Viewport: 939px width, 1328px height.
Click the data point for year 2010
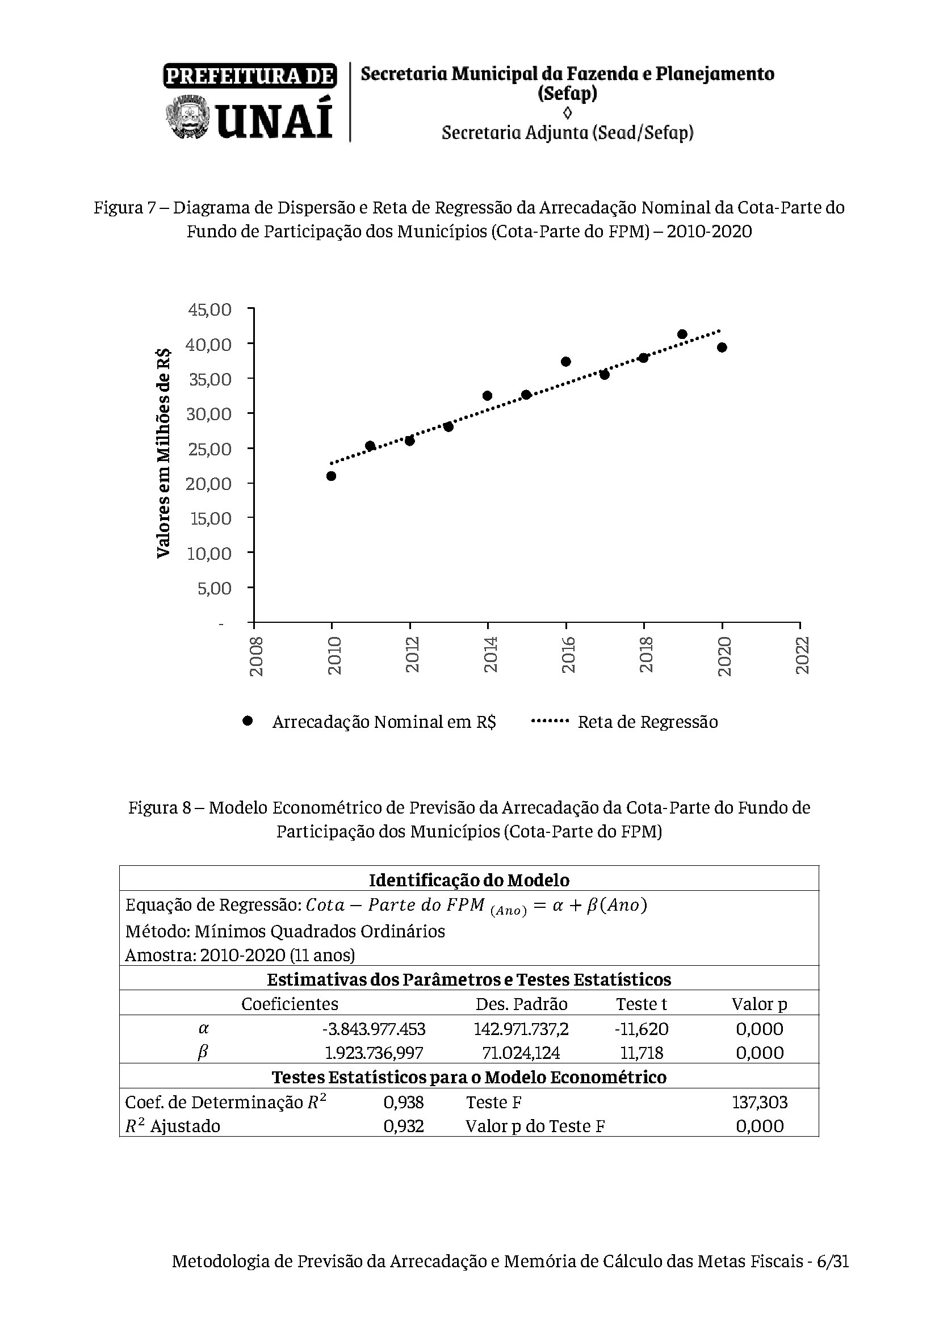point(332,476)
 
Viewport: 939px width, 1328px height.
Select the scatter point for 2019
point(682,334)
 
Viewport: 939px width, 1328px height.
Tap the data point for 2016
point(566,362)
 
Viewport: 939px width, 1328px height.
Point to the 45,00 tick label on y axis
point(210,309)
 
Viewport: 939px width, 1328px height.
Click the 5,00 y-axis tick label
point(215,588)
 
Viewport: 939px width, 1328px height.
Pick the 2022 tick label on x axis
point(802,655)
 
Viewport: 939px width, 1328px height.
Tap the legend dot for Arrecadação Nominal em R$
point(248,720)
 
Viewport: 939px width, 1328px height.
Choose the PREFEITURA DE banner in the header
point(250,76)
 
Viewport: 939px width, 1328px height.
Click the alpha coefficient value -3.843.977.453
point(374,1029)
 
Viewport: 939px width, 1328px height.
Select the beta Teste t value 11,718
point(642,1053)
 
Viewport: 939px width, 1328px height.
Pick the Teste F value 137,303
point(760,1102)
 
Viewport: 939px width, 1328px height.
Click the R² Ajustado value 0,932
point(404,1125)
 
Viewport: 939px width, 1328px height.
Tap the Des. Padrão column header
point(522,1003)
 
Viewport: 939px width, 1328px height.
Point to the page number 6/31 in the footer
point(833,1276)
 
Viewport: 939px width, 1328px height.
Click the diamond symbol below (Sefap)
point(567,112)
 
